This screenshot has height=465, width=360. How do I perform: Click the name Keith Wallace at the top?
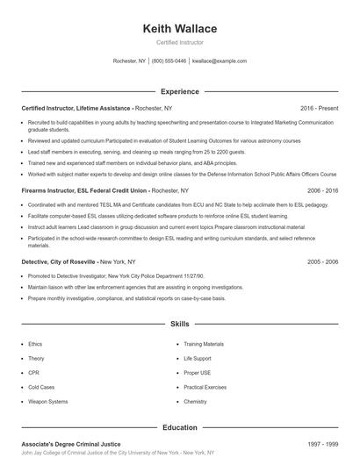(179, 29)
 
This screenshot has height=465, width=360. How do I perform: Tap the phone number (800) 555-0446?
(169, 61)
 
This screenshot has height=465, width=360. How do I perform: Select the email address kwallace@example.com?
(219, 61)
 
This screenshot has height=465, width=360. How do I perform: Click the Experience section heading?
(179, 91)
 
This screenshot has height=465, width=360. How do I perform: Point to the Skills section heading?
(179, 324)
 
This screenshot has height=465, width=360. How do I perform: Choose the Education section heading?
(179, 427)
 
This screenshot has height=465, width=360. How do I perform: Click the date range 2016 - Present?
(319, 108)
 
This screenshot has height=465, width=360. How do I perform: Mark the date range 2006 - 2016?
(322, 190)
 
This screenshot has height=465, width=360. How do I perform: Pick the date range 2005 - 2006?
(322, 261)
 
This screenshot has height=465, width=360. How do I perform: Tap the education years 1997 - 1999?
(322, 444)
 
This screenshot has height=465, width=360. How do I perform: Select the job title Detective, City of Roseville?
(60, 261)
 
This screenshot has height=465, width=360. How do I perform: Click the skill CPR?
(33, 373)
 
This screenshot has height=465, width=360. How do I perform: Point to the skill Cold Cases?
(40, 387)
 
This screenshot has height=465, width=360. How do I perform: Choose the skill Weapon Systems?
(47, 401)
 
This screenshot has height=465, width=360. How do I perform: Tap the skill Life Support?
(198, 359)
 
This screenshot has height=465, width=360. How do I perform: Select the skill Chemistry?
(195, 401)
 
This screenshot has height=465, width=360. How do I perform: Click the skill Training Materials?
(204, 345)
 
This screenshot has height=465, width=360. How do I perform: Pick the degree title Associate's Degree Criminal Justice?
(71, 444)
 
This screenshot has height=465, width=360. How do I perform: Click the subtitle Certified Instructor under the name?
(179, 43)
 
